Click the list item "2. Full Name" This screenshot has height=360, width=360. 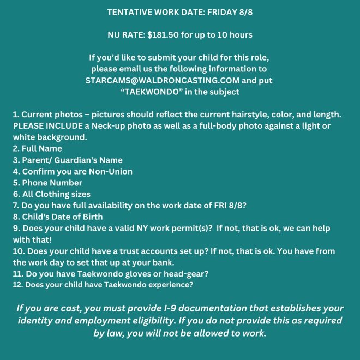[x=37, y=148]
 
